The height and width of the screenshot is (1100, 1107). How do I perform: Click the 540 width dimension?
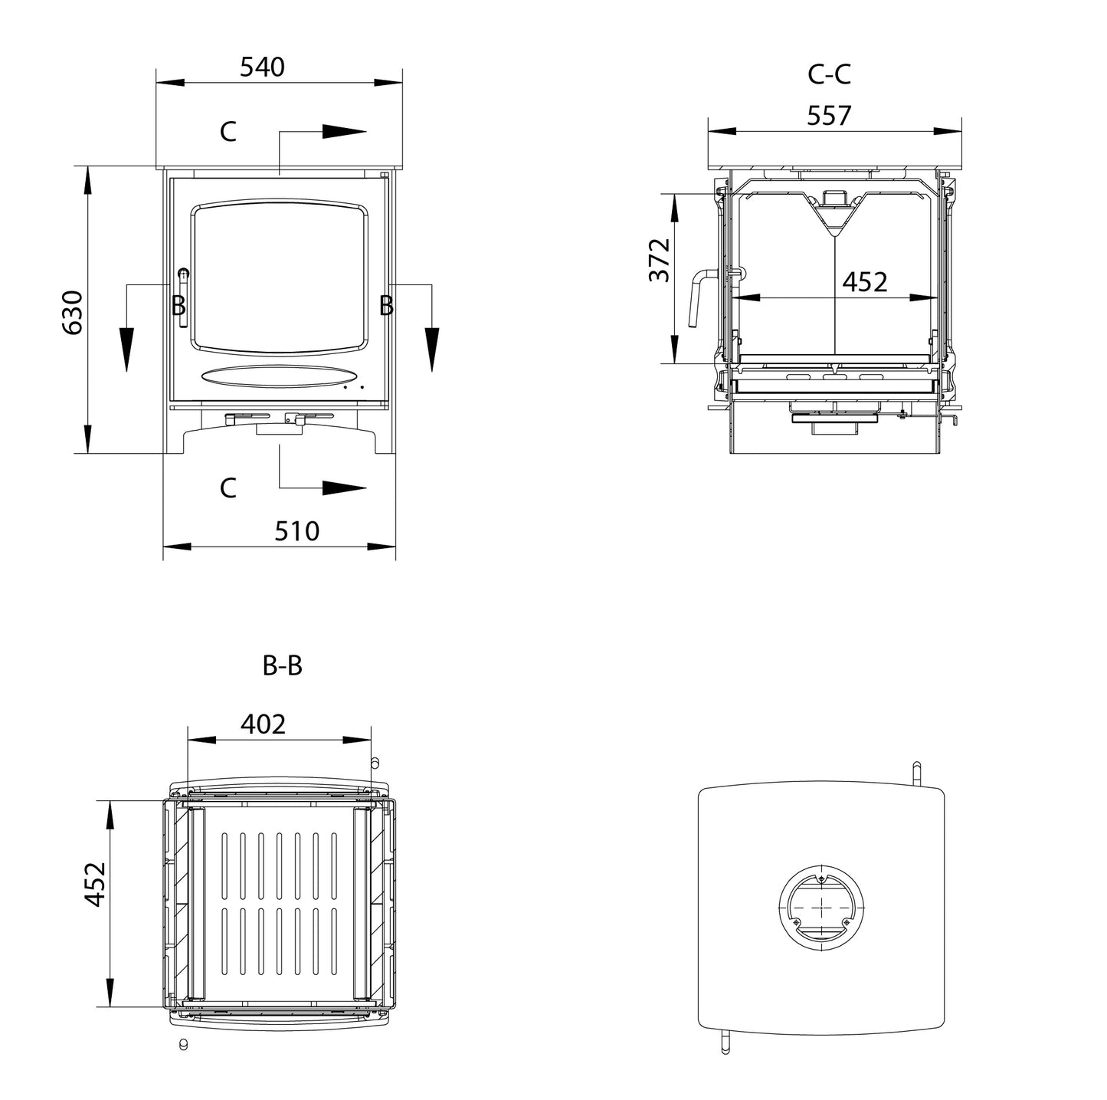tap(262, 67)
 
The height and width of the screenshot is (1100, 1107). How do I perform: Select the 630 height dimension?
tap(72, 312)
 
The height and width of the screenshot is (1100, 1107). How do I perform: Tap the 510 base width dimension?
tap(296, 530)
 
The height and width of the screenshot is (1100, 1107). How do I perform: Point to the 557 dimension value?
tap(829, 116)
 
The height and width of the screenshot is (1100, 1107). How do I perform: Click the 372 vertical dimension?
tap(660, 260)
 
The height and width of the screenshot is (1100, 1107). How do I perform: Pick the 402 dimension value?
tap(263, 724)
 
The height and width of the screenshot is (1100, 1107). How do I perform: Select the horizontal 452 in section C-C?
tap(864, 282)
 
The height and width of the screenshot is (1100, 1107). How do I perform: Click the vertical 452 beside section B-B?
tap(95, 883)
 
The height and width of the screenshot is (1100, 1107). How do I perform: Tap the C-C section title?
tap(829, 74)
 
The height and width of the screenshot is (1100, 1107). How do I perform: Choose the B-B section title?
tap(282, 666)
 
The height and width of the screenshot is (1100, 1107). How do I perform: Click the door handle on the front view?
tap(183, 299)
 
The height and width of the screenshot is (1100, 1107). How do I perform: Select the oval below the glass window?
tap(280, 376)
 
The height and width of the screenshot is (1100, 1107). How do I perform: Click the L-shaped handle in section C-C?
tap(699, 295)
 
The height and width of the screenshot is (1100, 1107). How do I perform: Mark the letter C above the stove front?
tap(228, 132)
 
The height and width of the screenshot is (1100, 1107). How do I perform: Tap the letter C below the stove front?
tap(228, 488)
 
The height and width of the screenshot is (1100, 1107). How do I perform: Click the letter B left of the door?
tap(178, 306)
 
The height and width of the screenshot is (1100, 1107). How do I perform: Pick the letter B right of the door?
tap(386, 306)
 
